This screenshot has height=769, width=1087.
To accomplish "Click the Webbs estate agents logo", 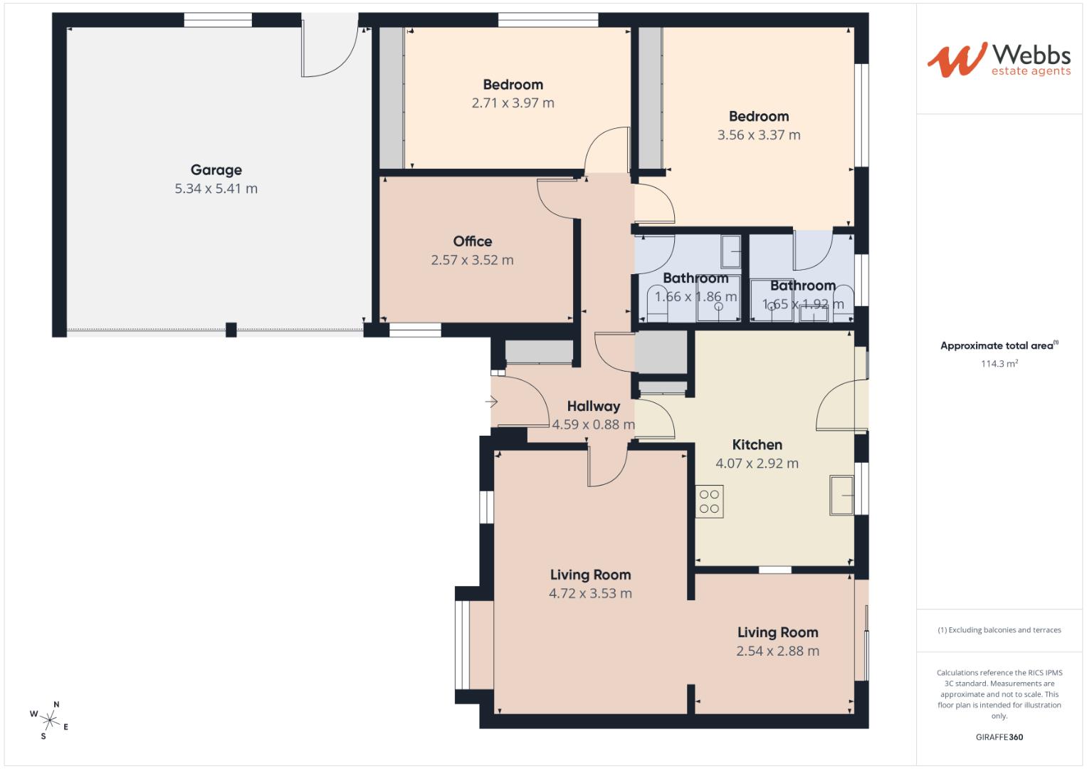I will click(998, 60).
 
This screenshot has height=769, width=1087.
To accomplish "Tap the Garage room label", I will click(216, 170).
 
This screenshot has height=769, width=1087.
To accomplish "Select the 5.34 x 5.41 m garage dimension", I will click(216, 189).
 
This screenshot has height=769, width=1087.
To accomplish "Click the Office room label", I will click(472, 241).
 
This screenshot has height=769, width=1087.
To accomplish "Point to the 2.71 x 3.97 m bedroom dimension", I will click(513, 103).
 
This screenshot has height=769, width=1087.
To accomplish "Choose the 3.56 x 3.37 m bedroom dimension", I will click(758, 135).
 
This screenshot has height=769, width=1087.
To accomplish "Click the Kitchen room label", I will click(757, 445).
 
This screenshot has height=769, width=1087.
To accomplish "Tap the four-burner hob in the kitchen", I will click(709, 501).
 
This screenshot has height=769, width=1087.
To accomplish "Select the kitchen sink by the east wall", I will click(841, 495).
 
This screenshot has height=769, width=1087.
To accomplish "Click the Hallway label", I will click(593, 407).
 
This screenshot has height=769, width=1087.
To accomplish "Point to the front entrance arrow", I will click(491, 402).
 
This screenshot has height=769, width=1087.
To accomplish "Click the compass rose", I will click(50, 719).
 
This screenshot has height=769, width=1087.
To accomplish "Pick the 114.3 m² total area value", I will click(999, 364).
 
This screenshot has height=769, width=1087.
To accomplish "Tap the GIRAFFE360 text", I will click(999, 737).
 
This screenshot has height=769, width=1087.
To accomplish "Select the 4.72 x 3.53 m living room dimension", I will click(590, 594).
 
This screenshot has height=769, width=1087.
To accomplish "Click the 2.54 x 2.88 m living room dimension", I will click(777, 652).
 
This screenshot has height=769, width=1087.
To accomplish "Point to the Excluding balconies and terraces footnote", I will click(999, 630).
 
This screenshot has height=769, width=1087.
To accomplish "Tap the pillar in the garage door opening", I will click(231, 330).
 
